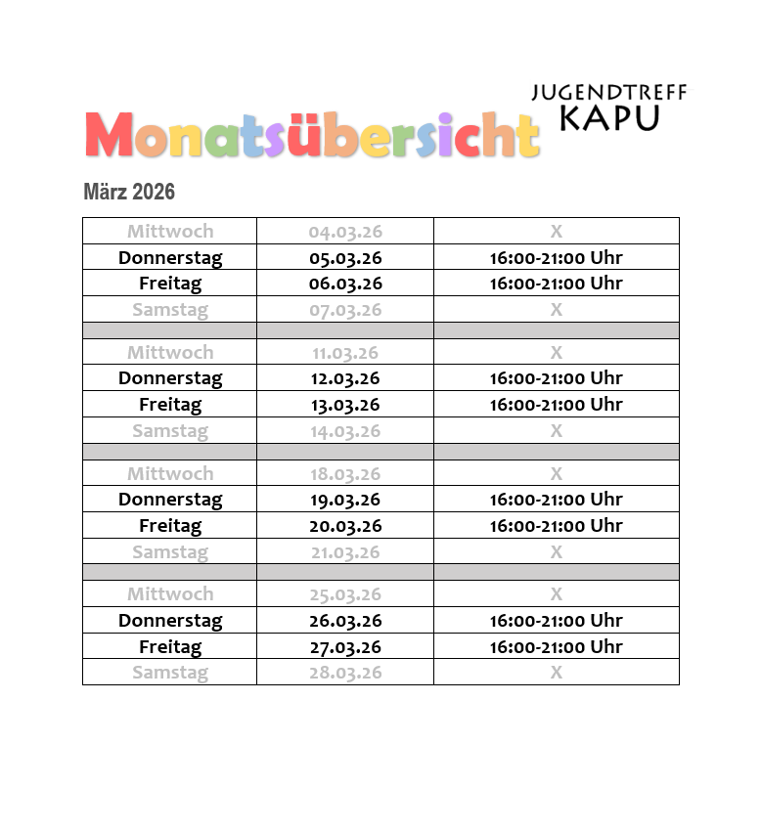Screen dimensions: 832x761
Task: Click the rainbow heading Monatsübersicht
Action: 312,136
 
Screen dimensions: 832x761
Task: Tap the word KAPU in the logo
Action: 608,117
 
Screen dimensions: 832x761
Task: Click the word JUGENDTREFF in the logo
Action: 608,93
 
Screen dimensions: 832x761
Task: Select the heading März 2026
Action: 129,192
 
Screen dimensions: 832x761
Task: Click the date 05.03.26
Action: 344,258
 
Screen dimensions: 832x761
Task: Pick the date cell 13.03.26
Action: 344,405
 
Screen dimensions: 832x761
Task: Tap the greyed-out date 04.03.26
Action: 344,232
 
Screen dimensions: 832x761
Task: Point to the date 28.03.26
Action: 344,673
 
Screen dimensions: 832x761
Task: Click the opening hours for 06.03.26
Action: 556,284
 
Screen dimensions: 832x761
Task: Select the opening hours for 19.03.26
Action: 556,500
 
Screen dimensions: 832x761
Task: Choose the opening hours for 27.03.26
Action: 556,646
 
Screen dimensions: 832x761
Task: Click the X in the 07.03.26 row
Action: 556,310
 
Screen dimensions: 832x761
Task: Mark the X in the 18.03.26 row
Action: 556,474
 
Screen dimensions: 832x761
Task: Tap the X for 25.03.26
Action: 556,594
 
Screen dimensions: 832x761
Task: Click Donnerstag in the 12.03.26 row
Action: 170,378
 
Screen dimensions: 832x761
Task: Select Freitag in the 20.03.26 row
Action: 170,526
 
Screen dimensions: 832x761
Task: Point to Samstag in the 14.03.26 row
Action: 170,431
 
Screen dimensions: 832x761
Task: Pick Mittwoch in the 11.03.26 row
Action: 170,353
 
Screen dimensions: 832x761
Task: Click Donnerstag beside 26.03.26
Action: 170,621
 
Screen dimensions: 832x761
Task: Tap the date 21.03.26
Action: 344,552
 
